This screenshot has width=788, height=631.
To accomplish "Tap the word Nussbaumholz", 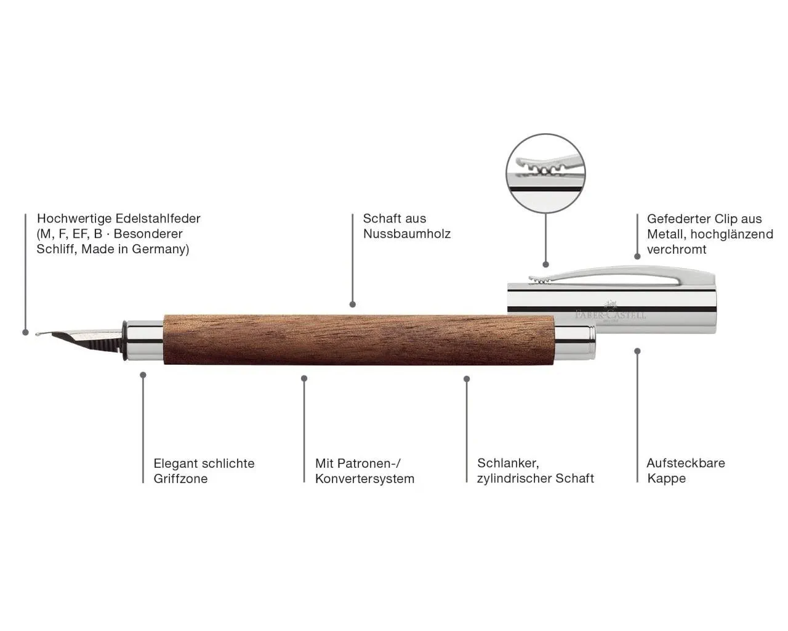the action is coord(407,234).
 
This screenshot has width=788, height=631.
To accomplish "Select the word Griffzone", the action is coord(180,479).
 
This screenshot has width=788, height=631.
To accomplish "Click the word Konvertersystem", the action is coord(364,479).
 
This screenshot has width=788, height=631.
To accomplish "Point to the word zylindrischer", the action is coord(513,478).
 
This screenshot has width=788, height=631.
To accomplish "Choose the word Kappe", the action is coord(667,478).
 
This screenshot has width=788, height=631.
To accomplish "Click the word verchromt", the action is coord(677,250).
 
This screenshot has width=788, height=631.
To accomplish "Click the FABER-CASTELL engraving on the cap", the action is coord(611,315).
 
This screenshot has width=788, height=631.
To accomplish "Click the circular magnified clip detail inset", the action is coord(545,173).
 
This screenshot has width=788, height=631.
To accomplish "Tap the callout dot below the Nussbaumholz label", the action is coord(353,304).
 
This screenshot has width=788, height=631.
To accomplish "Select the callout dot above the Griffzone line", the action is coord(143,375).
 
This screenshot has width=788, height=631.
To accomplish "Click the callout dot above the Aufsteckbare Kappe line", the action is coord(638,351).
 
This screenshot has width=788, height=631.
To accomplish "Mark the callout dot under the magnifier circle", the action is coord(545,264).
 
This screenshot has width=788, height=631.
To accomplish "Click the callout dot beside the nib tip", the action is coord(25,332).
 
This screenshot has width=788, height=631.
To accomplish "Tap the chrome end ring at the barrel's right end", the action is coord(575,343).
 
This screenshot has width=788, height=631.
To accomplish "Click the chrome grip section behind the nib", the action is coord(143,341).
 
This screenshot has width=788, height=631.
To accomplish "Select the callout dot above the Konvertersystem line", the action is coord(304,378).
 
